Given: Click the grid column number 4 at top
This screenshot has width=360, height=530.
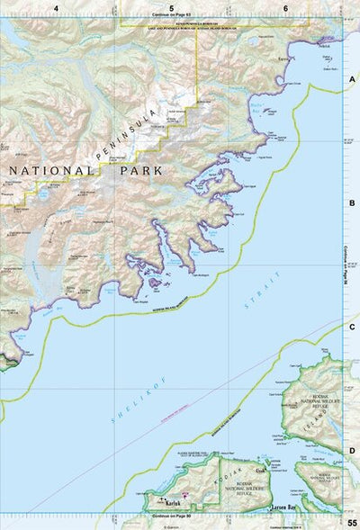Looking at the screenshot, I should coord(57,8).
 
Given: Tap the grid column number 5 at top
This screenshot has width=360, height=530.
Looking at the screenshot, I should coord(171,8).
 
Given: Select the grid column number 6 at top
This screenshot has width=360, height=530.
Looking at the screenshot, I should coord(285,8).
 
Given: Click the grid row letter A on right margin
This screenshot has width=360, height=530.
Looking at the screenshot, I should coord(352,80).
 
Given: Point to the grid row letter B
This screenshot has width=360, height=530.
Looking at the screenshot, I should coord(352,203).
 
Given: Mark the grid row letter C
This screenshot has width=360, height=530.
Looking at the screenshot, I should coord(352,328).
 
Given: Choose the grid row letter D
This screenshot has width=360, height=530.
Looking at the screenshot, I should coord(352,451).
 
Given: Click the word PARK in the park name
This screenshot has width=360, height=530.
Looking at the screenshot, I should coord(133,168).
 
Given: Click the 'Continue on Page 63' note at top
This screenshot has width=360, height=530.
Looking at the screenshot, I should coord(171,18).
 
